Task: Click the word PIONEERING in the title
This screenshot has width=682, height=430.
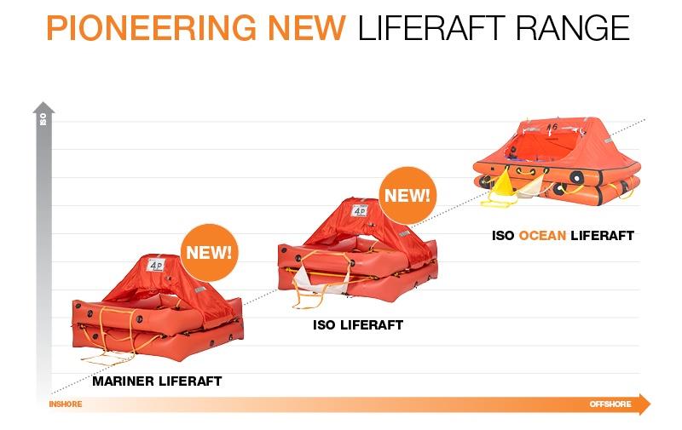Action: click(151, 27)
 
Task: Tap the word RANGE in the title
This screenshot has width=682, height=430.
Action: click(573, 27)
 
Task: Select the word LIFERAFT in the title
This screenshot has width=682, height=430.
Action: click(431, 27)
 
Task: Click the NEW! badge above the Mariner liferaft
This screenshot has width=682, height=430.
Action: click(209, 252)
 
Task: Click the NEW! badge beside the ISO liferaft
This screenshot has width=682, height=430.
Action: click(407, 196)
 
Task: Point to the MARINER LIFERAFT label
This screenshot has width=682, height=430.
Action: click(157, 381)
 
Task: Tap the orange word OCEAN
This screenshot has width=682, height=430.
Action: click(542, 235)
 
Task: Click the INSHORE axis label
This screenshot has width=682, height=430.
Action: click(66, 404)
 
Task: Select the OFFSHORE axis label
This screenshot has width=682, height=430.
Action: click(610, 404)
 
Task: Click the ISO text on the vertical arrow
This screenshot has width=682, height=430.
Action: click(43, 119)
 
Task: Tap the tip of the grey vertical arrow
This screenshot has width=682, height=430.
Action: click(43, 102)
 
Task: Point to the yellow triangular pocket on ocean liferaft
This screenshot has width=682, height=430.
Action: click(504, 185)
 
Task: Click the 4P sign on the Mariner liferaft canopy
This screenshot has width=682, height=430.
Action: click(155, 265)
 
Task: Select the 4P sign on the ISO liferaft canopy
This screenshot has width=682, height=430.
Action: click(359, 210)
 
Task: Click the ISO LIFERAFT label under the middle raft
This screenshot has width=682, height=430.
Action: click(358, 325)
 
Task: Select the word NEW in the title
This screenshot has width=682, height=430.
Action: click(307, 27)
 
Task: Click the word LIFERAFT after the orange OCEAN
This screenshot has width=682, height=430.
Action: click(603, 235)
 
